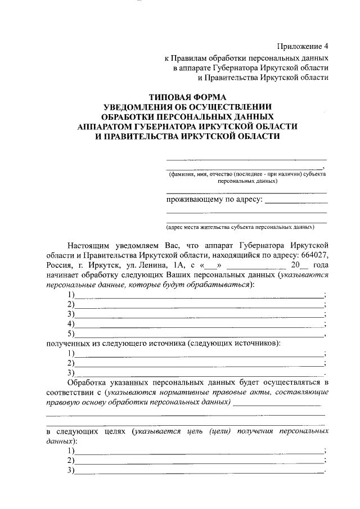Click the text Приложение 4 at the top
303,46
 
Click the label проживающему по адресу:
214,201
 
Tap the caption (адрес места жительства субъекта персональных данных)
240,228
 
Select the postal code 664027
314,255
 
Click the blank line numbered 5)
200,335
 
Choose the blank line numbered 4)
200,325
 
